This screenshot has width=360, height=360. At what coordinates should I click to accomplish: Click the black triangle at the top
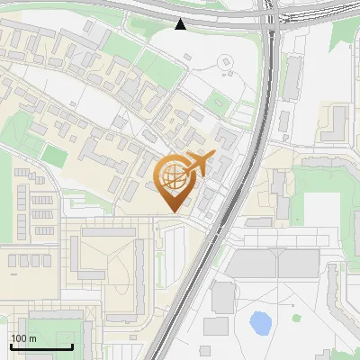pyautogui.click(x=181, y=24)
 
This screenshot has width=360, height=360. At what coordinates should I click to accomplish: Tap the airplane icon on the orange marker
pyautogui.click(x=199, y=163)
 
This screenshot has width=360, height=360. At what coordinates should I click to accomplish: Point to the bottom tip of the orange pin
pyautogui.click(x=173, y=212)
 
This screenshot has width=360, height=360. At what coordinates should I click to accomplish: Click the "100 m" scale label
pyautogui.click(x=23, y=338)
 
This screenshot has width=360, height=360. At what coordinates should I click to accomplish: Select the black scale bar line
pyautogui.click(x=41, y=346)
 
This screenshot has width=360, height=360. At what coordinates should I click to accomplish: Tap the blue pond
pyautogui.click(x=261, y=321)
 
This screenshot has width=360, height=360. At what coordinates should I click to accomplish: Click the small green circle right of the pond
pyautogui.click(x=295, y=318)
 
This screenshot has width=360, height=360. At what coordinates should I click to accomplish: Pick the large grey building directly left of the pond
pyautogui.click(x=223, y=296)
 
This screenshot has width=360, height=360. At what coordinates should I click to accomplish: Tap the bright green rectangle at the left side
pyautogui.click(x=54, y=157)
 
